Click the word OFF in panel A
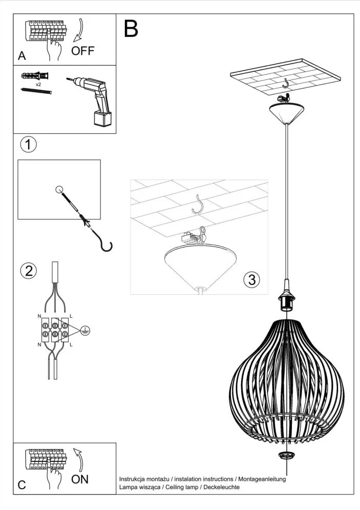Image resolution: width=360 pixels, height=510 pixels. coord(82,50)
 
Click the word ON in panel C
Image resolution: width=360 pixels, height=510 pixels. coord(79,479)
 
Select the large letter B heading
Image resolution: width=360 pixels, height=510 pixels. coord(131,29)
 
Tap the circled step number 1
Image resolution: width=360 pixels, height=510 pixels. coord(28,145)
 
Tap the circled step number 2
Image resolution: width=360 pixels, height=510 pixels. coord(28,271)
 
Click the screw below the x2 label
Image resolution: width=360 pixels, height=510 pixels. coord(36,91)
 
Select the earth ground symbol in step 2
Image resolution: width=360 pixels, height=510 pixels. coord(86,331)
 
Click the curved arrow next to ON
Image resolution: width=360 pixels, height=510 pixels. coord(77,458)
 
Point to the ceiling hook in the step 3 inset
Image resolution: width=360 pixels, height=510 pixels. coord(198,204)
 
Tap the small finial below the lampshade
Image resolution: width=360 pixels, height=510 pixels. coord(286,456)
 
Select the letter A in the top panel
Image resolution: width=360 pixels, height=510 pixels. coord(22,56)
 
